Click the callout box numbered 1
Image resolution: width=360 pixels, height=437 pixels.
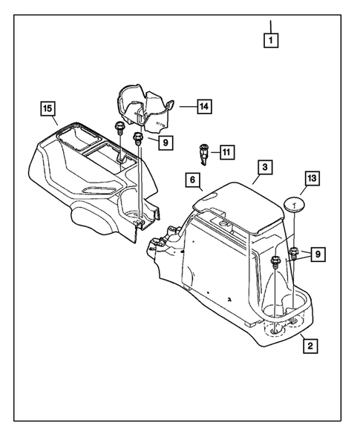pyautogui.click(x=272, y=42)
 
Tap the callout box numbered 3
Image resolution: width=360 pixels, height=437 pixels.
pyautogui.click(x=264, y=168)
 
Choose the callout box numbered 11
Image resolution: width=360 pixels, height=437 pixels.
pyautogui.click(x=226, y=154)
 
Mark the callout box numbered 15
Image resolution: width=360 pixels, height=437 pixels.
pyautogui.click(x=48, y=111)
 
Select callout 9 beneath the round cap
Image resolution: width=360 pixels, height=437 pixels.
pyautogui.click(x=317, y=254)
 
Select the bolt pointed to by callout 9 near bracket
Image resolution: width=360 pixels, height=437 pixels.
pyautogui.click(x=138, y=138)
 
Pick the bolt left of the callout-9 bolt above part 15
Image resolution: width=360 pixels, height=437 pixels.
pyautogui.click(x=119, y=127)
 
